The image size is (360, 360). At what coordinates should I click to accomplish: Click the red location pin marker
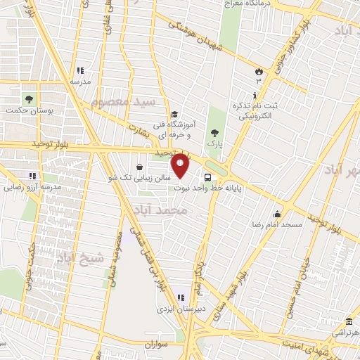(181, 166)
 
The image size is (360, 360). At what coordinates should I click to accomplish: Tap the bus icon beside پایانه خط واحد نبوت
(207, 178)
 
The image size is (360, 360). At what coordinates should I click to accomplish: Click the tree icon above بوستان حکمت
(28, 98)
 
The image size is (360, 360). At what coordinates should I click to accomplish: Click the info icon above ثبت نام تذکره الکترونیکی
(254, 94)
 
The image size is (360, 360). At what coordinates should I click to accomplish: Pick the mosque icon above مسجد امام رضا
(278, 214)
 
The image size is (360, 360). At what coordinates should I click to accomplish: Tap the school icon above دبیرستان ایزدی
(181, 297)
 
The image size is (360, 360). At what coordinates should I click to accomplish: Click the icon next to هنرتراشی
(349, 320)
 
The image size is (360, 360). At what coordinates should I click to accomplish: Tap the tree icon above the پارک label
(214, 132)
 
